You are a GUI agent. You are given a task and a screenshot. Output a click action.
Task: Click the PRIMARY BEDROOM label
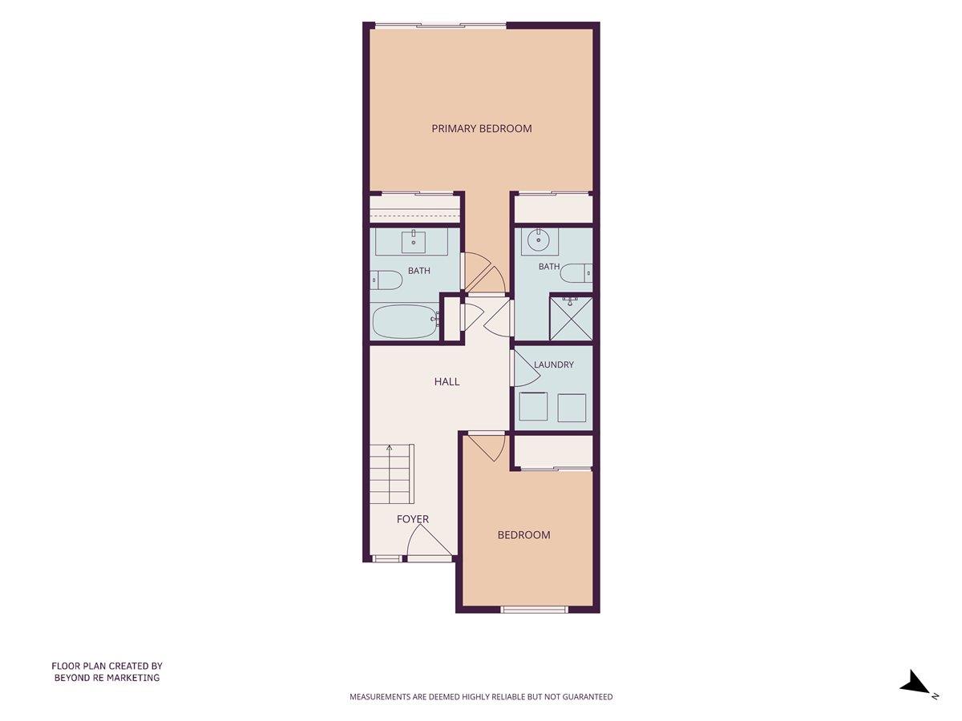482,129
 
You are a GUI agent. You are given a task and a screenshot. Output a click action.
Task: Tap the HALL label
447,382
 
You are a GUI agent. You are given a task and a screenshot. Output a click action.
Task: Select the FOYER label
412,519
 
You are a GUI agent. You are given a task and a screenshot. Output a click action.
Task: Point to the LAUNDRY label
553,365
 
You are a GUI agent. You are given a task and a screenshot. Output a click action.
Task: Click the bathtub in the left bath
406,322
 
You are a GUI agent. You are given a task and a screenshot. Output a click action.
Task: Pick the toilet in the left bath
386,280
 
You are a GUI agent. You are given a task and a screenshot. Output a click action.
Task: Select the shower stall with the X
571,319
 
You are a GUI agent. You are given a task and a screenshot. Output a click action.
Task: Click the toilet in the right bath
576,273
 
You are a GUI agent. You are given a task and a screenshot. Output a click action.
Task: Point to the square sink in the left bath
414,243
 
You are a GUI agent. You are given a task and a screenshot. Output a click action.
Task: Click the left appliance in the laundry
533,407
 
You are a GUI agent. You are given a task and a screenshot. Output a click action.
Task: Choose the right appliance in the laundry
572,408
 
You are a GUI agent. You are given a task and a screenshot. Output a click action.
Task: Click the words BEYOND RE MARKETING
107,678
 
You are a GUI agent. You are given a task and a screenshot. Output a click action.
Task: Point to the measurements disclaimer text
481,697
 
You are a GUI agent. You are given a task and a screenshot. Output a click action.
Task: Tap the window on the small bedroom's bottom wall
534,610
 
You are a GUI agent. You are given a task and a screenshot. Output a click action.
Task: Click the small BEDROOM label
523,535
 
